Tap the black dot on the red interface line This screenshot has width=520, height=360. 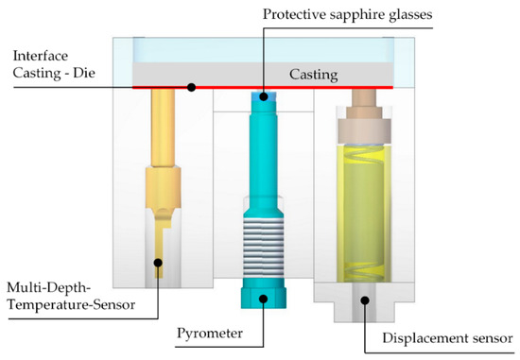click(x=191, y=87)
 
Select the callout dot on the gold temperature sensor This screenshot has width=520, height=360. click(x=159, y=263)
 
